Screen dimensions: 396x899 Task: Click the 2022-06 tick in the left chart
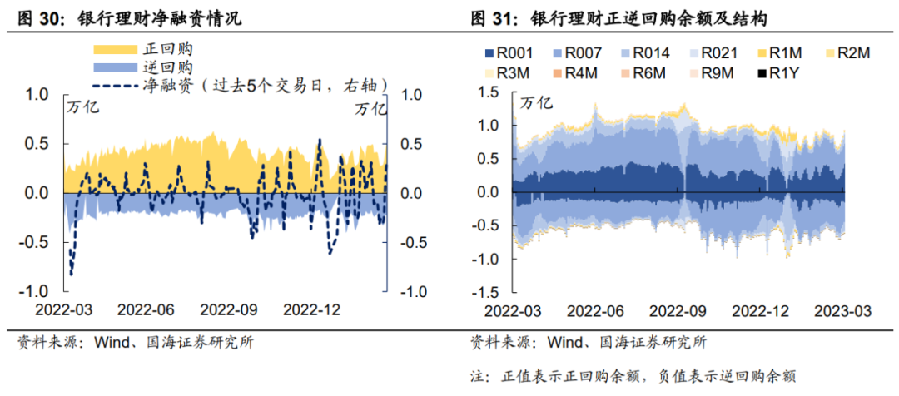pos(146,309)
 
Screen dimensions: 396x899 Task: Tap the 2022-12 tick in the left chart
pos(312,309)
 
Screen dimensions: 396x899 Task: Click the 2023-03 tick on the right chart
pos(842,310)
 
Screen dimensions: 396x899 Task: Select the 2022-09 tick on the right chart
pos(678,310)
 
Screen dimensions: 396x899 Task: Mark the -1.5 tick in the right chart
pos(489,293)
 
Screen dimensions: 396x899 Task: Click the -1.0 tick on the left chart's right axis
pos(414,292)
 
